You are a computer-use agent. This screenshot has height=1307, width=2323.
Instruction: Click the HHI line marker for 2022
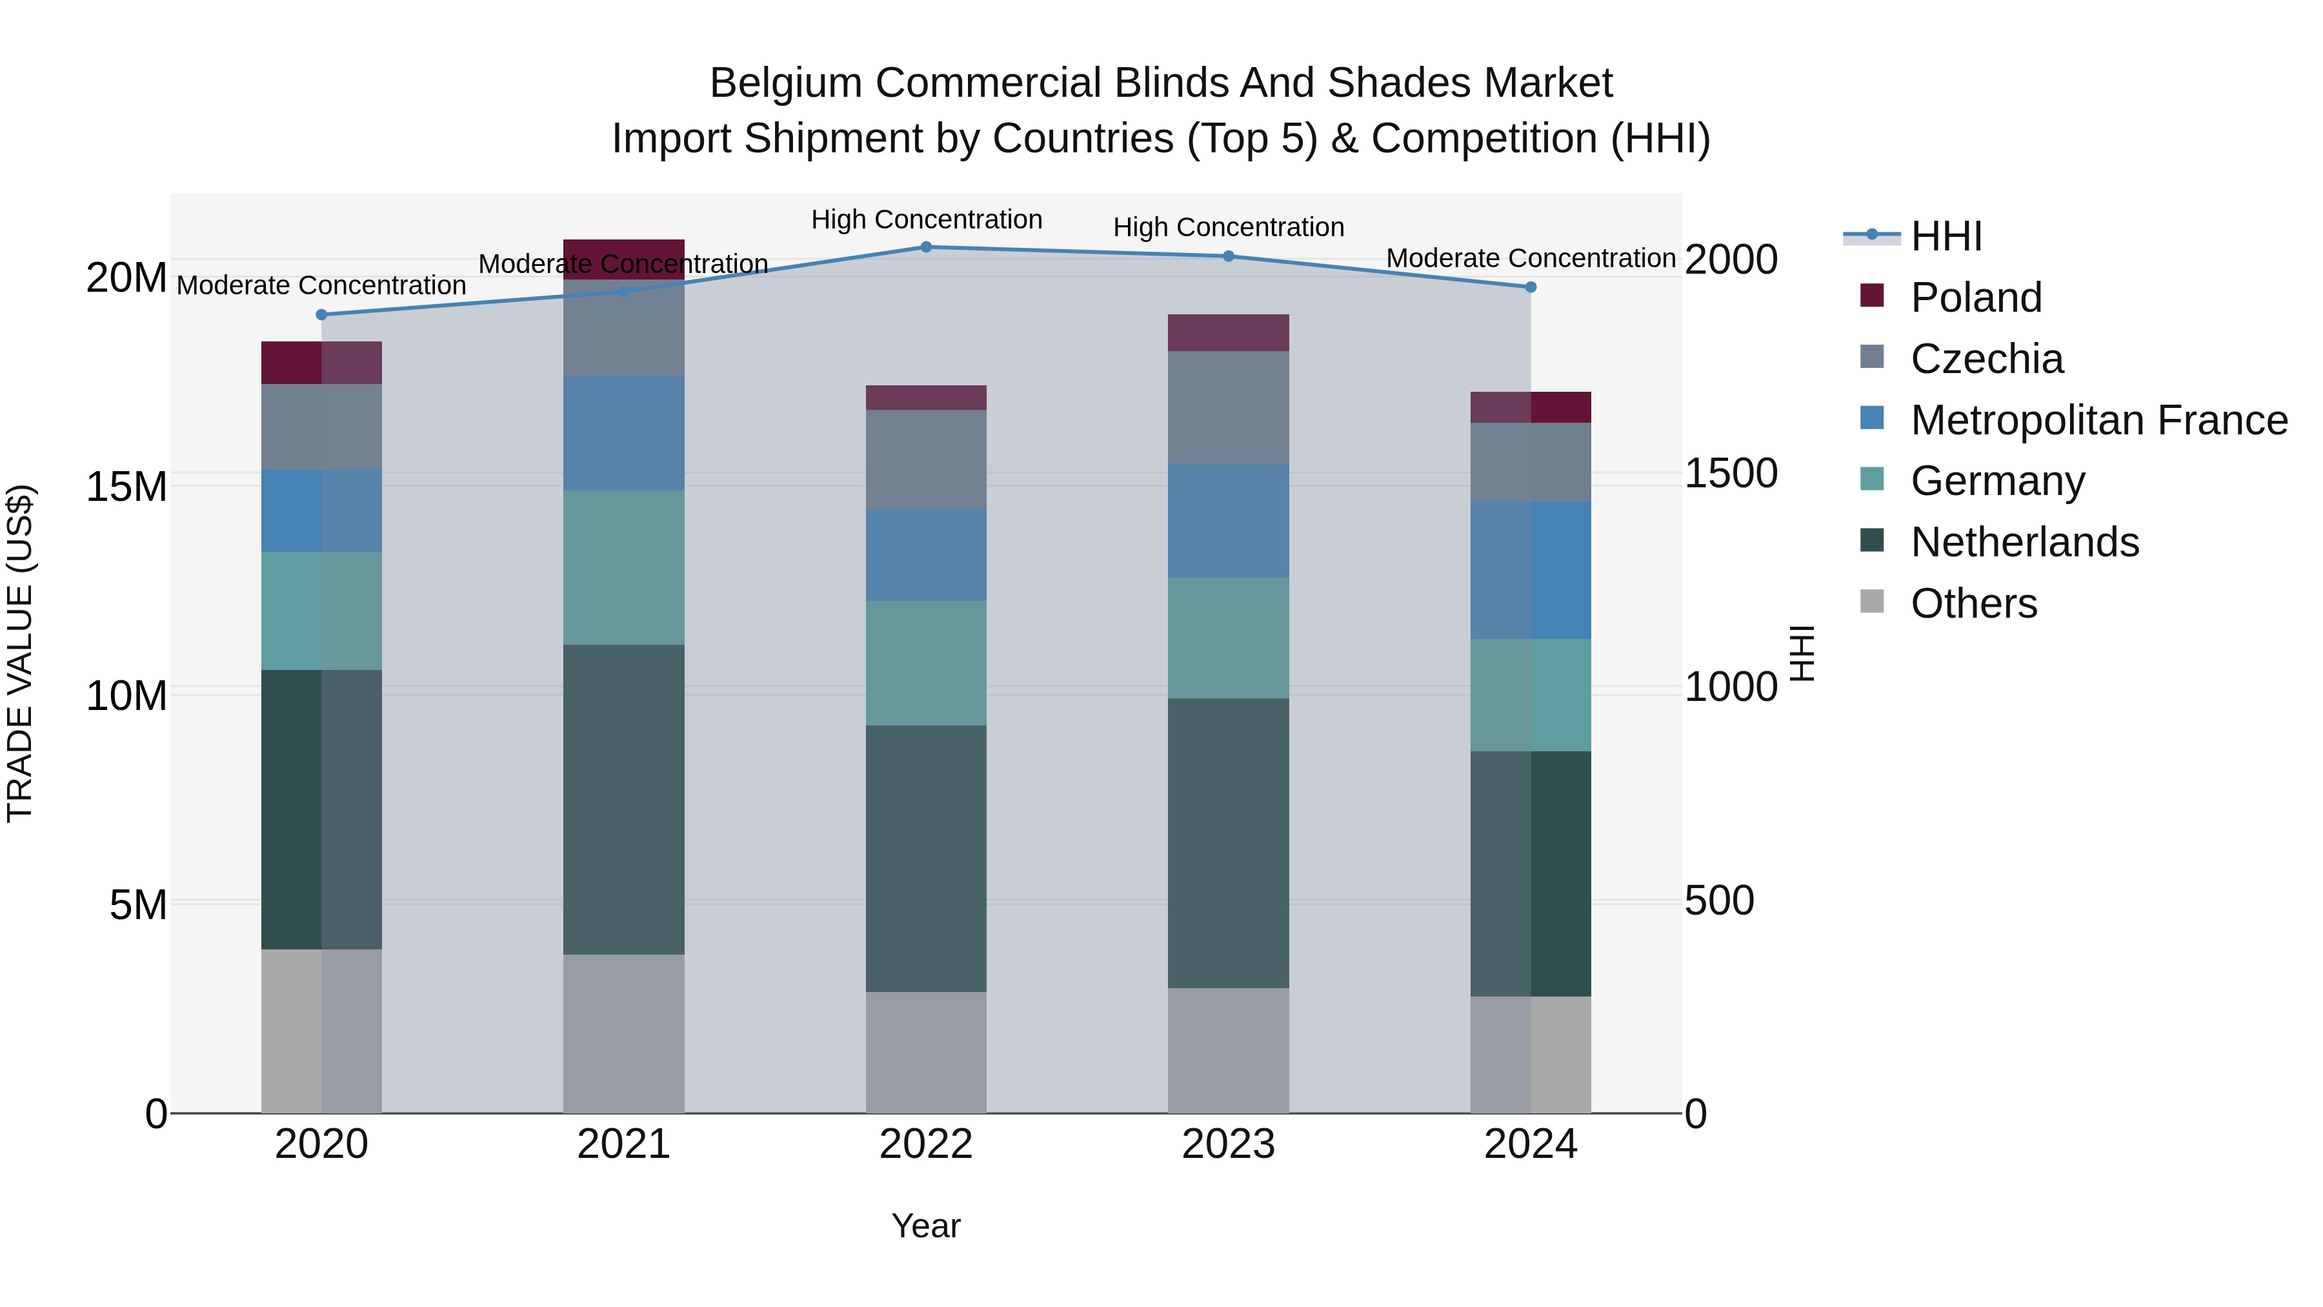point(926,247)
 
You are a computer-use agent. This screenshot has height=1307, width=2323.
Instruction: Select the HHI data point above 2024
point(1531,287)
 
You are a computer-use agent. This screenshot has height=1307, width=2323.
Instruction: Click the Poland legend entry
point(1975,298)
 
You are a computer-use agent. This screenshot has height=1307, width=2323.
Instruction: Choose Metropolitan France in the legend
point(2098,420)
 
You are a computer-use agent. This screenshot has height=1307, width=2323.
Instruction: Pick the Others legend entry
point(1973,603)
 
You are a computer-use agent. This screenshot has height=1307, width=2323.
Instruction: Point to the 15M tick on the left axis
point(126,487)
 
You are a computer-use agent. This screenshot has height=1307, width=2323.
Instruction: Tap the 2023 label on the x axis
point(1228,1144)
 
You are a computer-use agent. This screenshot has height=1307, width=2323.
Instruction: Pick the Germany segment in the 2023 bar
point(1228,638)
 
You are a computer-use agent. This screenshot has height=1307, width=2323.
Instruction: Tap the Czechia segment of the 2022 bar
point(926,458)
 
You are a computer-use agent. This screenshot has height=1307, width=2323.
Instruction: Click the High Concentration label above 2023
point(1228,227)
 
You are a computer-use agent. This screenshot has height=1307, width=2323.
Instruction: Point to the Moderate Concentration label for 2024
point(1531,258)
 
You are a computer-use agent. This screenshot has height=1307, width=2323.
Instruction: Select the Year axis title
point(926,1226)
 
